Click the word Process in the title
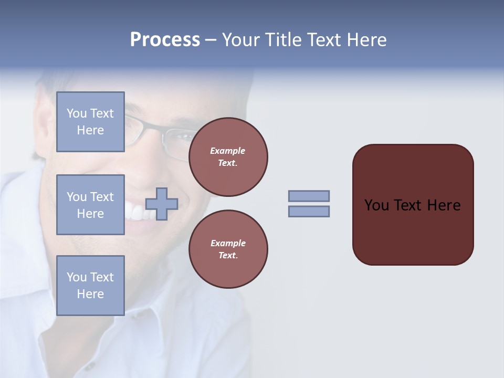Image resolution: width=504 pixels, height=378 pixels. click(x=165, y=40)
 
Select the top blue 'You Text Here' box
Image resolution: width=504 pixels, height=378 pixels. click(x=90, y=122)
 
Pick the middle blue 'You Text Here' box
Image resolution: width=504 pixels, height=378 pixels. click(x=90, y=205)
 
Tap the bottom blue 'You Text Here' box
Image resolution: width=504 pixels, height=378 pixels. click(x=90, y=286)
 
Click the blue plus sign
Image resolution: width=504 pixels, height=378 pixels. click(x=162, y=204)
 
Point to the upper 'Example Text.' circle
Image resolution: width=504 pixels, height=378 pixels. click(x=228, y=157)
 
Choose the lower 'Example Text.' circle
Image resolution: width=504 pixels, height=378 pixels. click(x=228, y=249)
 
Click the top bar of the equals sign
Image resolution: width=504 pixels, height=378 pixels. click(x=309, y=196)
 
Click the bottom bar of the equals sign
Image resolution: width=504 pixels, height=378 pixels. click(x=309, y=212)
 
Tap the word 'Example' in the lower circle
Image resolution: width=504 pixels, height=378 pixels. click(x=228, y=243)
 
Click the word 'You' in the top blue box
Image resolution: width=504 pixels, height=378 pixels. click(x=77, y=113)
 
